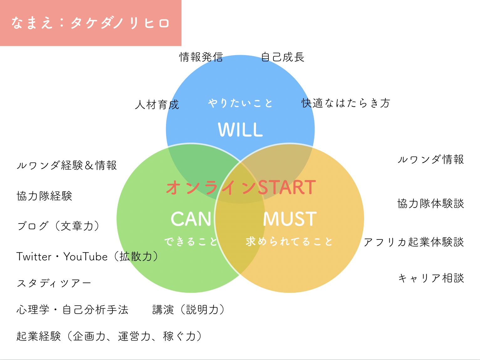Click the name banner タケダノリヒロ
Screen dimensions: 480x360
click(x=91, y=23)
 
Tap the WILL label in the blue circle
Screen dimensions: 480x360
click(x=240, y=130)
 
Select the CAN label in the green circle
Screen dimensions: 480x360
click(x=191, y=219)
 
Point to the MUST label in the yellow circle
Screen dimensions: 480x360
click(x=290, y=219)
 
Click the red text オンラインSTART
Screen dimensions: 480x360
click(x=241, y=187)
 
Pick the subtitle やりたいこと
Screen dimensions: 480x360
click(x=240, y=103)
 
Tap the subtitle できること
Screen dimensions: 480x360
click(x=191, y=242)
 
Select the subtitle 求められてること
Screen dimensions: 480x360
click(x=289, y=242)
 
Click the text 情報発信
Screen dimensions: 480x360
click(x=201, y=57)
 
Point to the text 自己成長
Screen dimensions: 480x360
click(x=283, y=57)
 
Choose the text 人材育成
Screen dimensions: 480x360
click(x=157, y=105)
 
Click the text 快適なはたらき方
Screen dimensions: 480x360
click(x=346, y=103)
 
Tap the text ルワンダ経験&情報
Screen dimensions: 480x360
click(x=67, y=165)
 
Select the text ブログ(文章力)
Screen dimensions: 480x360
click(x=58, y=226)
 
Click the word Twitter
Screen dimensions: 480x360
click(x=34, y=257)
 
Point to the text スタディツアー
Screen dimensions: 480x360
click(x=54, y=283)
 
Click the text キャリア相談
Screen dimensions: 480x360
click(x=431, y=278)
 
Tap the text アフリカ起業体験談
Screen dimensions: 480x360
click(x=414, y=242)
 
